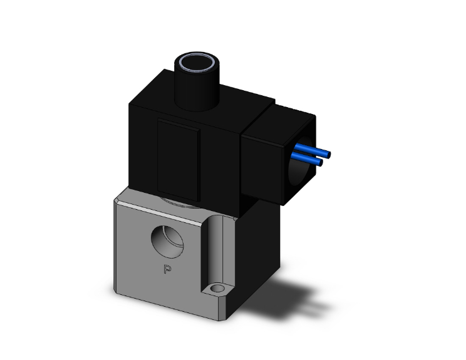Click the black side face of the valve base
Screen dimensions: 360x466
[251, 257]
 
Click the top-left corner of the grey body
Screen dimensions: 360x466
[118, 198]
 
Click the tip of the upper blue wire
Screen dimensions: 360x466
[328, 154]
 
